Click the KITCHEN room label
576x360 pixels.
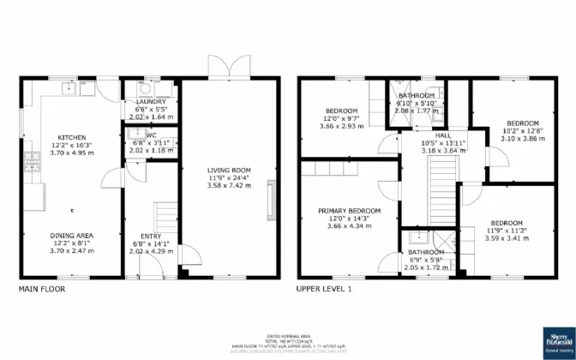(71, 137)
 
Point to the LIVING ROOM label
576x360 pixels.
(228, 170)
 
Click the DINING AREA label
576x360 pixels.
(71, 235)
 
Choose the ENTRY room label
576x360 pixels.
(151, 236)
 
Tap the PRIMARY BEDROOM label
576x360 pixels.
(349, 210)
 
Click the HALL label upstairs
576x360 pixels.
(442, 135)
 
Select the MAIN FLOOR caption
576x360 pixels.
(41, 289)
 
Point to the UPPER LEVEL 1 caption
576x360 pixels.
(325, 289)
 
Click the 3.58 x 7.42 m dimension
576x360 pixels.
(228, 185)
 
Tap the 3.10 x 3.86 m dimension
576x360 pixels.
(523, 138)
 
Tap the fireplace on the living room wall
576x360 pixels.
(273, 198)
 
